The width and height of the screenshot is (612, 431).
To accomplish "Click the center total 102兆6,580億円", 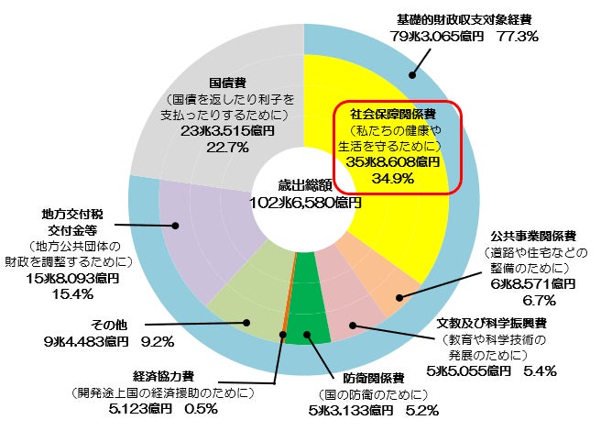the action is [305, 203].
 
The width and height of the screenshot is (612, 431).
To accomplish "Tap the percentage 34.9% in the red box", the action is [393, 178].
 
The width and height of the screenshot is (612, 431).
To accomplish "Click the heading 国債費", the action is [227, 83].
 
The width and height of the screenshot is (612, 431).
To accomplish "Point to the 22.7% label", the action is [227, 148].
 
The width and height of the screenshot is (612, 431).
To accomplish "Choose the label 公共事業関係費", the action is [533, 236].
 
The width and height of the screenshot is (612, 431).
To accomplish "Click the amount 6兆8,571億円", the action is [533, 283].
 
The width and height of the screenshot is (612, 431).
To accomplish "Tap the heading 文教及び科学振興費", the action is [491, 323].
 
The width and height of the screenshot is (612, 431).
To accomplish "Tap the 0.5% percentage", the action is [201, 409].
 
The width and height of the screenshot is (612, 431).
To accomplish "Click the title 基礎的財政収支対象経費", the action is [464, 19].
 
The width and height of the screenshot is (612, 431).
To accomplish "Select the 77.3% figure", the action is [518, 37].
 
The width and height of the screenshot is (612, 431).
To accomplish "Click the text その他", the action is [109, 325].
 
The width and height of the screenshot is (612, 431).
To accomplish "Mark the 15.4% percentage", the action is [72, 293].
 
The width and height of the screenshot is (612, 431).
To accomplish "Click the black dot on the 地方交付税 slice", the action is [175, 226].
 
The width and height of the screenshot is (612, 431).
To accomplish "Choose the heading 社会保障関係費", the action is [393, 114].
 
